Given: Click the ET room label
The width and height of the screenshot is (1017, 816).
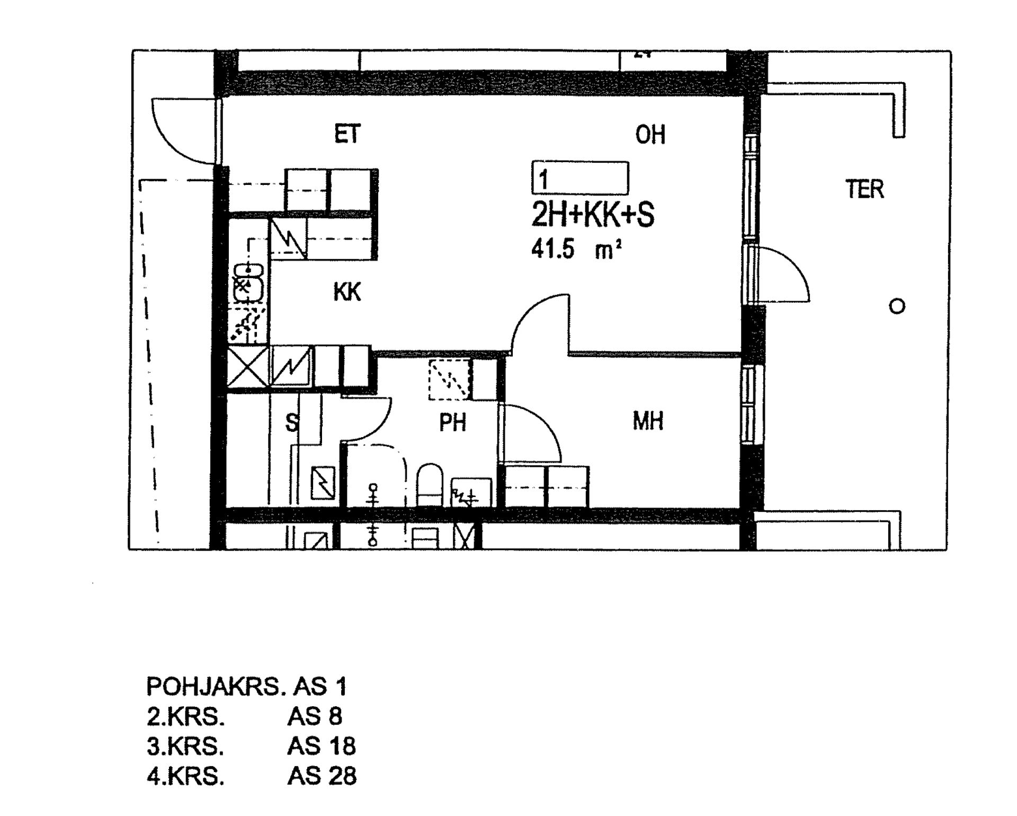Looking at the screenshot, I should pyautogui.click(x=347, y=134).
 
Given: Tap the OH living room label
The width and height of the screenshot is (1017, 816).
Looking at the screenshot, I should pyautogui.click(x=650, y=135).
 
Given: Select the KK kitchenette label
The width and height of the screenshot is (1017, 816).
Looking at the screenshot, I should pyautogui.click(x=347, y=292).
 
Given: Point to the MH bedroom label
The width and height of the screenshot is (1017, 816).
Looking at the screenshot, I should pyautogui.click(x=648, y=421).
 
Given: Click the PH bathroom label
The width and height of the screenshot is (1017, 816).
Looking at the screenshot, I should pyautogui.click(x=452, y=423).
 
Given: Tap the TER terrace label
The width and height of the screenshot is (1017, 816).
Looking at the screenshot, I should pyautogui.click(x=864, y=189).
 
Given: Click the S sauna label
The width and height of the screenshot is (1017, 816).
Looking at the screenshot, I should pyautogui.click(x=292, y=423).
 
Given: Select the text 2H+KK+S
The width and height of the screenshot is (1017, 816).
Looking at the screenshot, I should pyautogui.click(x=593, y=215).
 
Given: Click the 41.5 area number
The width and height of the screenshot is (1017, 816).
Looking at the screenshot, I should pyautogui.click(x=552, y=249).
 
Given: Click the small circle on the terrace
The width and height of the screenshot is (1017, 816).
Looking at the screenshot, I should pyautogui.click(x=897, y=306).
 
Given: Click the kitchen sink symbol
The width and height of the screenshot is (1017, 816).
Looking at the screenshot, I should pyautogui.click(x=248, y=286).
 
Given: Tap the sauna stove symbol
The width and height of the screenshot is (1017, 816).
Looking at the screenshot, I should pyautogui.click(x=322, y=483).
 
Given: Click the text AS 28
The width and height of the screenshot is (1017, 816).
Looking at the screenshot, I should pyautogui.click(x=322, y=776).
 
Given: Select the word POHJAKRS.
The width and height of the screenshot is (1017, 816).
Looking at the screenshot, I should pyautogui.click(x=215, y=687).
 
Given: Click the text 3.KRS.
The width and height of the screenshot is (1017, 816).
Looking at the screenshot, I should pyautogui.click(x=185, y=747).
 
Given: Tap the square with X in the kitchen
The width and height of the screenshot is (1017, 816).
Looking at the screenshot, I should pyautogui.click(x=247, y=366).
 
